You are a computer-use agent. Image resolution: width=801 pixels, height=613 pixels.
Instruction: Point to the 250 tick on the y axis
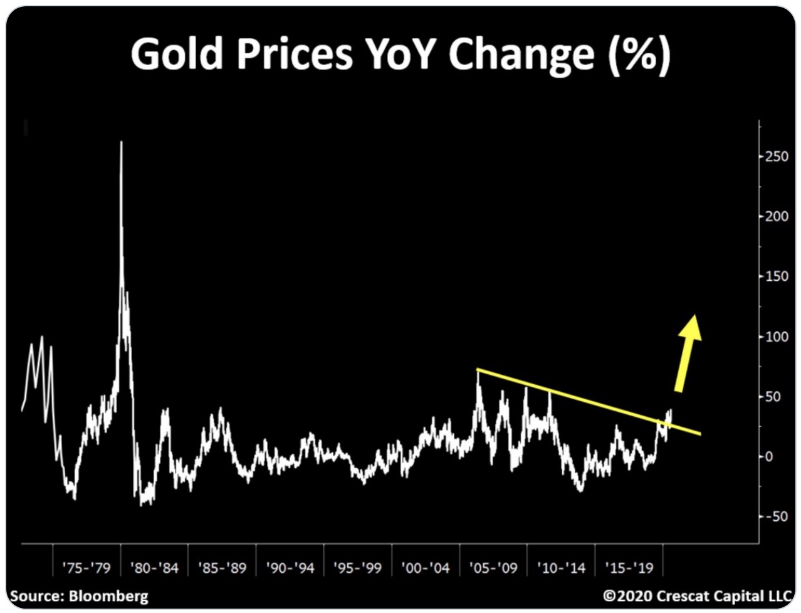pyautogui.click(x=777, y=156)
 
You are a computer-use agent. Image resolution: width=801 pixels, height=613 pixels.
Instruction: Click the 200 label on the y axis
pyautogui.click(x=777, y=216)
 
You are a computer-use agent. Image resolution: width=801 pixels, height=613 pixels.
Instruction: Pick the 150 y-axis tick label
pyautogui.click(x=777, y=276)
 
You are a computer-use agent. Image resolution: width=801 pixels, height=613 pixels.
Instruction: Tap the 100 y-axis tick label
pyautogui.click(x=777, y=337)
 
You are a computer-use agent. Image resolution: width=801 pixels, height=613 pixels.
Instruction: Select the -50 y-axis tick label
pyautogui.click(x=777, y=516)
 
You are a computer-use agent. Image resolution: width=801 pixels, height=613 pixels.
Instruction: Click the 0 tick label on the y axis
pyautogui.click(x=770, y=456)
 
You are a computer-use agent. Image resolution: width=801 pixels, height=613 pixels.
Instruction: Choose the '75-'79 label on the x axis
pyautogui.click(x=86, y=568)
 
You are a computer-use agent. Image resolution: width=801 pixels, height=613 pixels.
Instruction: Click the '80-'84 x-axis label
pyautogui.click(x=154, y=568)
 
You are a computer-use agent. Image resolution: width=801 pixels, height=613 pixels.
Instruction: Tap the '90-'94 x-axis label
pyautogui.click(x=290, y=568)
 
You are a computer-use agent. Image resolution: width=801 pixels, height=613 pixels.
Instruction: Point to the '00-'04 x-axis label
pyautogui.click(x=426, y=568)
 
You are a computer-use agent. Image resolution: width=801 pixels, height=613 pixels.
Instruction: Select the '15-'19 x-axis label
pyautogui.click(x=629, y=568)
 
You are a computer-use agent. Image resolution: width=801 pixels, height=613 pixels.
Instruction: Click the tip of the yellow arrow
pyautogui.click(x=694, y=315)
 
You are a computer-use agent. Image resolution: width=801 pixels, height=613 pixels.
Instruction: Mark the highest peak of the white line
pyautogui.click(x=121, y=142)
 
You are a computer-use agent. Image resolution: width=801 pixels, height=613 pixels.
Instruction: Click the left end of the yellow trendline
pyautogui.click(x=478, y=369)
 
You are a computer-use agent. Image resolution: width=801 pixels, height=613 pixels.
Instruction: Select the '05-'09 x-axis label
pyautogui.click(x=494, y=568)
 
